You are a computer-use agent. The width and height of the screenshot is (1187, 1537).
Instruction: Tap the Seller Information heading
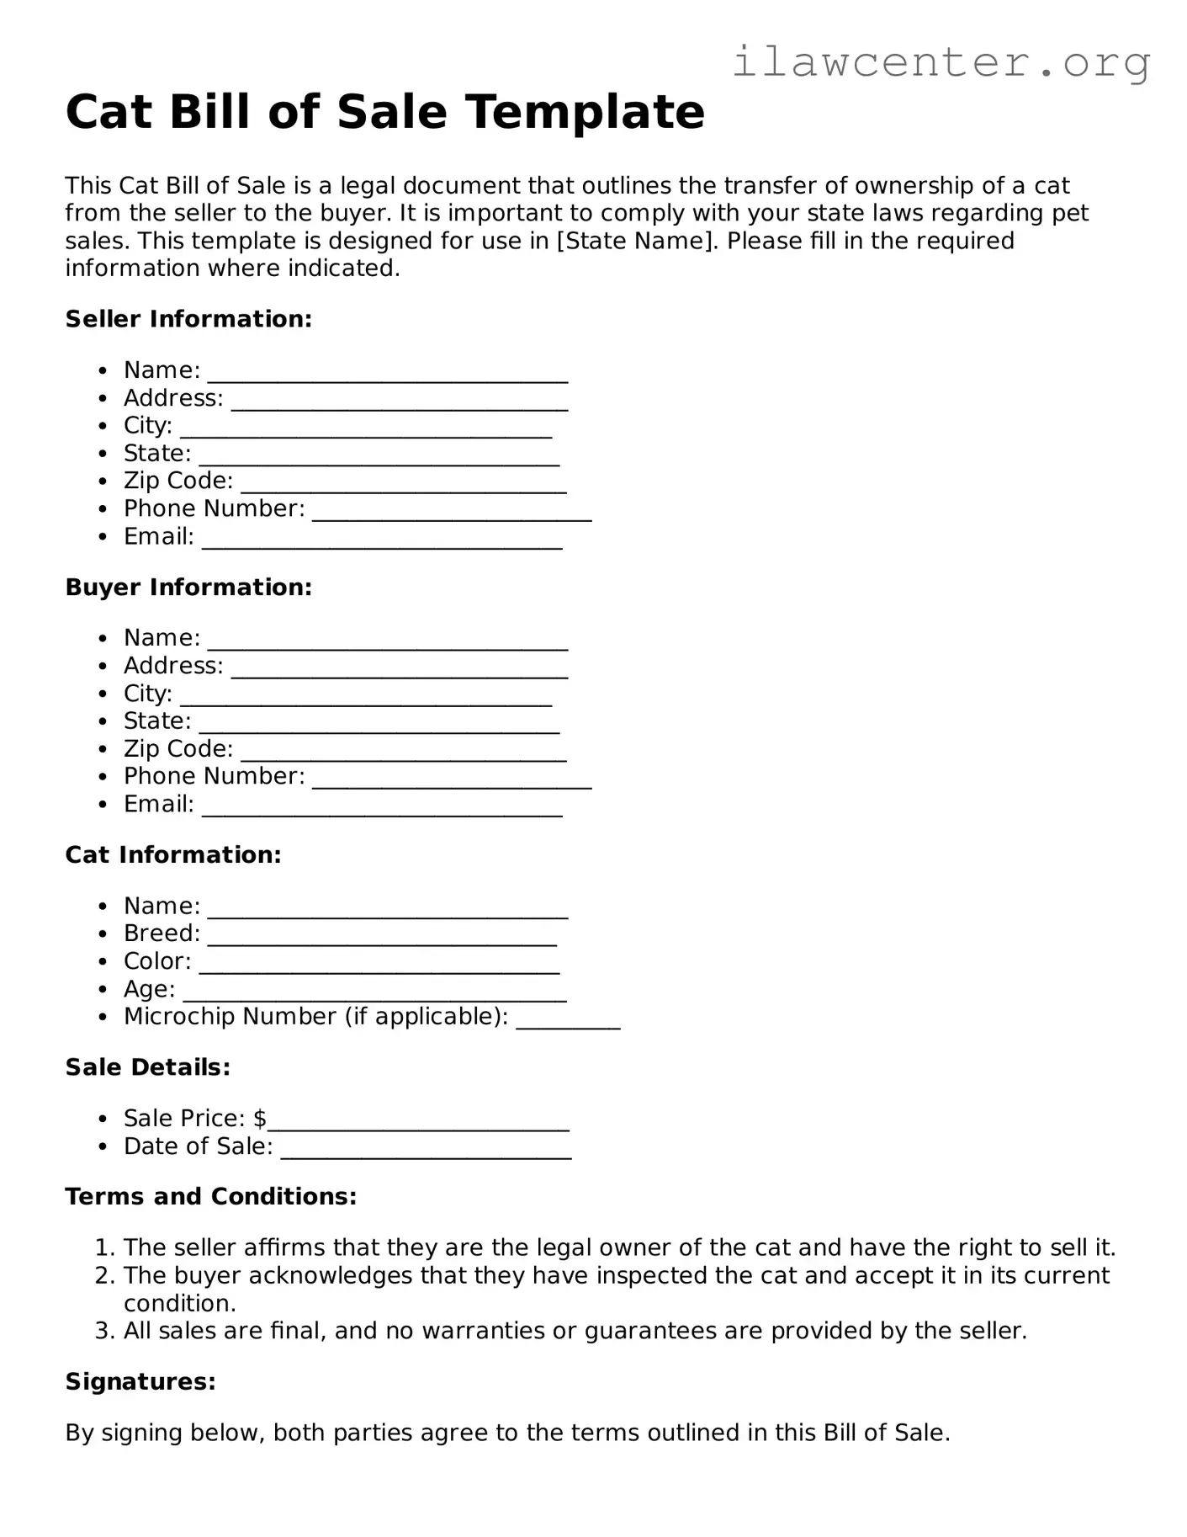tap(188, 319)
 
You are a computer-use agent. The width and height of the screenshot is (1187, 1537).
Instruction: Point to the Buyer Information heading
tap(188, 587)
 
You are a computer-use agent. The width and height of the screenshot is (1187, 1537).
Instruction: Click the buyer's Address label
tap(173, 666)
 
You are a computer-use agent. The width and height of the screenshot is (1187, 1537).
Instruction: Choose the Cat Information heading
tap(173, 854)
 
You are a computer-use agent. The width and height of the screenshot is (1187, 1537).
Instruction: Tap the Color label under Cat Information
tap(157, 961)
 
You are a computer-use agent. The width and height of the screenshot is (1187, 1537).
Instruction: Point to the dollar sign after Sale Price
tap(260, 1119)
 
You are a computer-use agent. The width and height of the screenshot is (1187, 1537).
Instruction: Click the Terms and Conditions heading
tap(211, 1196)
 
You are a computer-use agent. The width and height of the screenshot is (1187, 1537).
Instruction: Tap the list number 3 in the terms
tap(103, 1331)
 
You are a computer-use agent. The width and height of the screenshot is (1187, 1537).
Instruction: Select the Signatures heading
tap(140, 1381)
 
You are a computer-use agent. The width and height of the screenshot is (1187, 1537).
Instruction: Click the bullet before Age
tap(103, 990)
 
